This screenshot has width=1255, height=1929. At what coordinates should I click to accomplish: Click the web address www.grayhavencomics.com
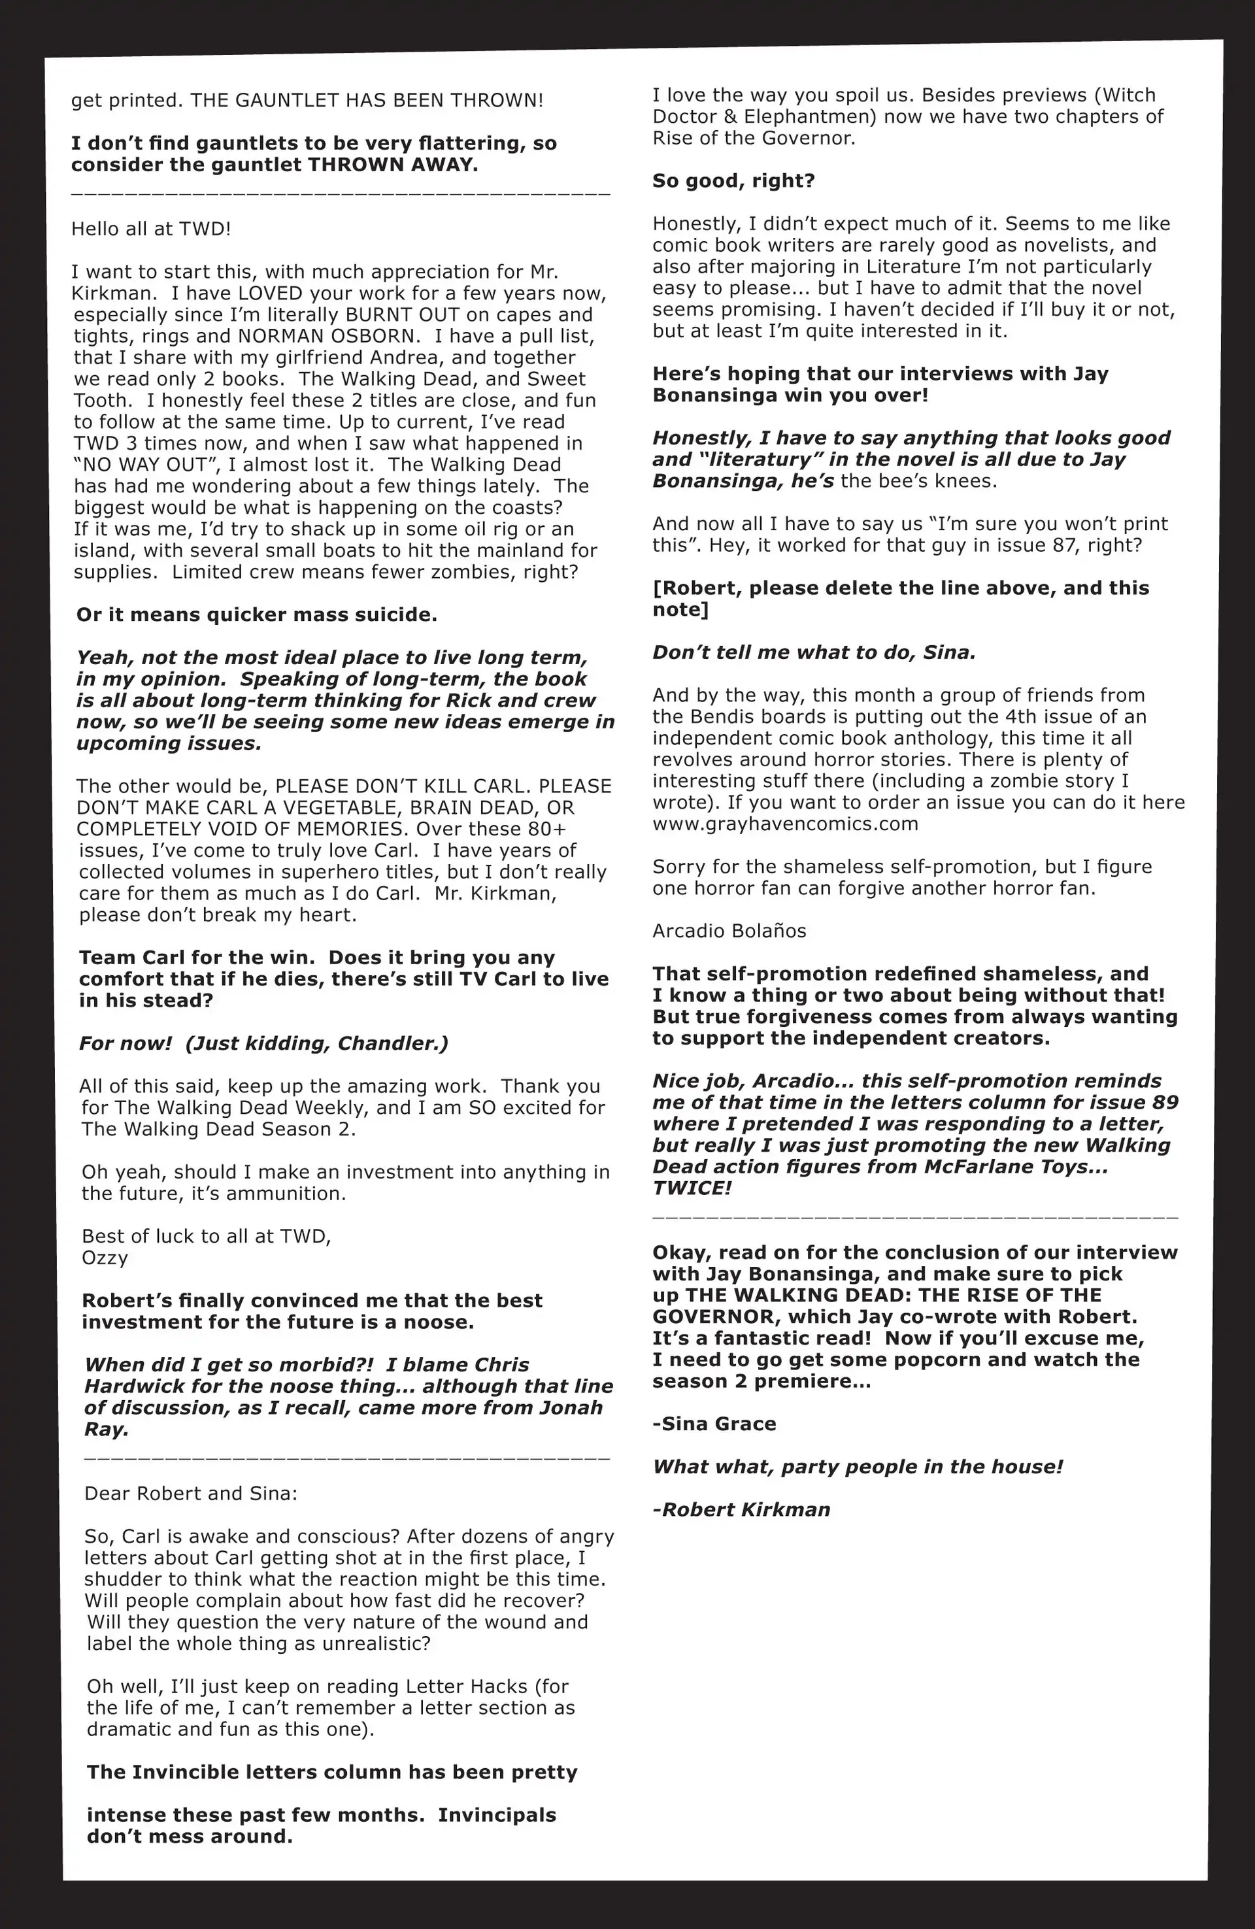click(x=785, y=824)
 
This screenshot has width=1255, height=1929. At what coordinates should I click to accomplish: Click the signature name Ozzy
click(x=105, y=1258)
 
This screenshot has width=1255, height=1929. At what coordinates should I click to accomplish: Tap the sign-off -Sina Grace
click(x=714, y=1424)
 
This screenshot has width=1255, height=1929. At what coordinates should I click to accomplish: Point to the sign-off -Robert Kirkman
click(x=741, y=1510)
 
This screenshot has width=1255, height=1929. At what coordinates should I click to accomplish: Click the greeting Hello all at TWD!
click(x=151, y=229)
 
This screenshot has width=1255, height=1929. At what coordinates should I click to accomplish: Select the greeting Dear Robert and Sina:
click(x=190, y=1494)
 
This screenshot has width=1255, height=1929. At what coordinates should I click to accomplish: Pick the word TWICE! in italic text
click(x=692, y=1188)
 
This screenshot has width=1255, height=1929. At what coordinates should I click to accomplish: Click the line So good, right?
click(x=733, y=181)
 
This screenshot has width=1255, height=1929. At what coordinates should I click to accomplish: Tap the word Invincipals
click(x=497, y=1815)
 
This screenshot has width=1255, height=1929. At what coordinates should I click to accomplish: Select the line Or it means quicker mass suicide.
click(x=256, y=614)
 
